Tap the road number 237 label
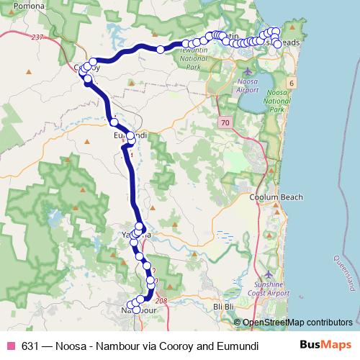pos(38,37)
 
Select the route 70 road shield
pos(226,124)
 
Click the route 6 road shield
pos(291,84)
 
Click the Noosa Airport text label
pos(248,87)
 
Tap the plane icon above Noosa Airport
pos(248,72)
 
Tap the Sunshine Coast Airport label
pos(269,290)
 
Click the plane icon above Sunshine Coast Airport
pos(269,274)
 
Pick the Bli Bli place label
pos(224,307)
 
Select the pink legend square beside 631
pos(11,345)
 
